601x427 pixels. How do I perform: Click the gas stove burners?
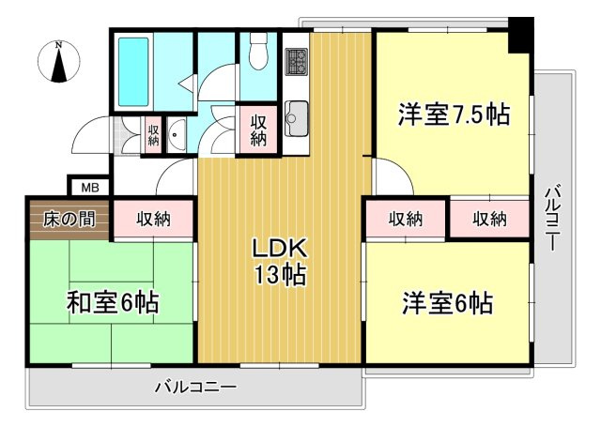(297, 61)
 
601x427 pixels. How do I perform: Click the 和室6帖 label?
(112, 303)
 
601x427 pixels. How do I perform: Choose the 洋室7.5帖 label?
(453, 115)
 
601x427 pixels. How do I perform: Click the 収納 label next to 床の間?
(154, 220)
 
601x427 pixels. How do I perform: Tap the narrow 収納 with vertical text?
(153, 132)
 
